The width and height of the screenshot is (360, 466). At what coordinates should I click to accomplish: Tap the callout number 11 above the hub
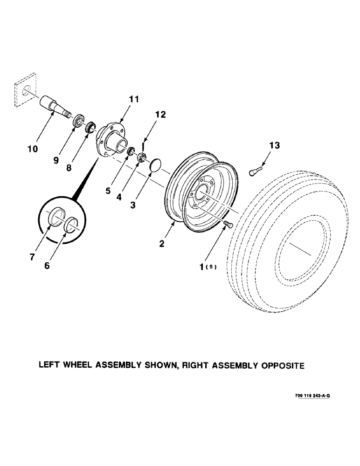134,99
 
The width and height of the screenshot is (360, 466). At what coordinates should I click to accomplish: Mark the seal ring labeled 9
78,120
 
